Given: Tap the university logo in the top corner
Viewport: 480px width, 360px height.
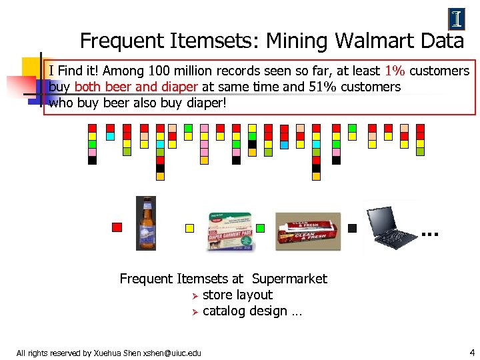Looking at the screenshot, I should tap(457, 19).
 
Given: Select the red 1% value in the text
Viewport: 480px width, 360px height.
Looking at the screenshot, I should tap(394, 71).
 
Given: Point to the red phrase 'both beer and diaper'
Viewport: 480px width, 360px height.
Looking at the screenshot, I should tap(137, 87).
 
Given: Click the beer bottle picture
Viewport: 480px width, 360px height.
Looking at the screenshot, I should tap(146, 223).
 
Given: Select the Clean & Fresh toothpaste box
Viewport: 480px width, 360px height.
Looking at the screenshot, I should tap(307, 231).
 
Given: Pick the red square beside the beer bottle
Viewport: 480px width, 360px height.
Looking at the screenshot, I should tap(117, 227).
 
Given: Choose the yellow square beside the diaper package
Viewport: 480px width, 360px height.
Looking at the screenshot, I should tap(189, 228).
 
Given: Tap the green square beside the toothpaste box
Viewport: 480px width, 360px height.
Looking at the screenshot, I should tap(260, 228).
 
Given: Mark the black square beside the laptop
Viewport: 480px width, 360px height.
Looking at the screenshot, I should tap(353, 228).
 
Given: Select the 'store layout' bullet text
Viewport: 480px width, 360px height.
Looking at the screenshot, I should tap(237, 295).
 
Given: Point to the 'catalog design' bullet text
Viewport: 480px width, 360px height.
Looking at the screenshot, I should tap(245, 311).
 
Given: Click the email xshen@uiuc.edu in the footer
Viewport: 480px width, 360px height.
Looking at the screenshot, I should tap(171, 353).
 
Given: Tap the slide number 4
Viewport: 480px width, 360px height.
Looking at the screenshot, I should tap(472, 351).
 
